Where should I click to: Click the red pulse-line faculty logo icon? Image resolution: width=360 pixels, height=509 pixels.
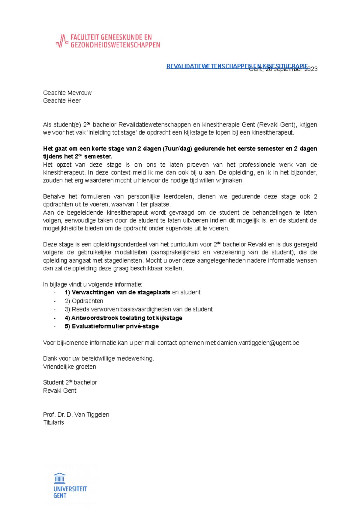tap(61, 41)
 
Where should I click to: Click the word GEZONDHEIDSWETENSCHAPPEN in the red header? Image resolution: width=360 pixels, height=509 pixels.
tap(115, 45)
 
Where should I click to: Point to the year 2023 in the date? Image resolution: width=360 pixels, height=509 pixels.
tap(311, 69)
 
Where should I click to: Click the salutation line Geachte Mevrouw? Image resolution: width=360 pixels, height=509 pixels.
tap(67, 93)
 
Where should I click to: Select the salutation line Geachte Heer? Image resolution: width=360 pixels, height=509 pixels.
tap(62, 101)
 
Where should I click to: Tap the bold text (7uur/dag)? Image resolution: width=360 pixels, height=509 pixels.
tap(177, 149)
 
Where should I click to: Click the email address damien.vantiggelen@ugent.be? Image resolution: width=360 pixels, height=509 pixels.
tap(258, 343)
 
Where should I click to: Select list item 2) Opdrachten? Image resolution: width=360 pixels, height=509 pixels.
tap(84, 301)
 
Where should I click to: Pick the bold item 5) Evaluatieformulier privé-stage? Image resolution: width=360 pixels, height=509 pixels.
tap(112, 326)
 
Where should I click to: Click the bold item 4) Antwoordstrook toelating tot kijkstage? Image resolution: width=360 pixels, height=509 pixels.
tap(123, 318)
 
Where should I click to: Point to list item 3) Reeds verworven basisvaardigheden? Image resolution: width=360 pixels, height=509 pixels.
tap(139, 309)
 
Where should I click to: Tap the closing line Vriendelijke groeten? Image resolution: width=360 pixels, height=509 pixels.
tap(70, 367)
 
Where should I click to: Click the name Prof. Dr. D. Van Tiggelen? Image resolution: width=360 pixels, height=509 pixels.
tap(76, 415)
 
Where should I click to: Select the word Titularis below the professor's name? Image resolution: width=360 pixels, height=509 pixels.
tap(53, 422)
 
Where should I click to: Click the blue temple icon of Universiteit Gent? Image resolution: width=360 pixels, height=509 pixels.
tap(60, 478)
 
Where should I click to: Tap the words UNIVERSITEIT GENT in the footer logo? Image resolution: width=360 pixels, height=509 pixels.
tap(70, 492)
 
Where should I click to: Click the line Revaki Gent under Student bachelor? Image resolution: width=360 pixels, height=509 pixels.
tap(60, 391)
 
